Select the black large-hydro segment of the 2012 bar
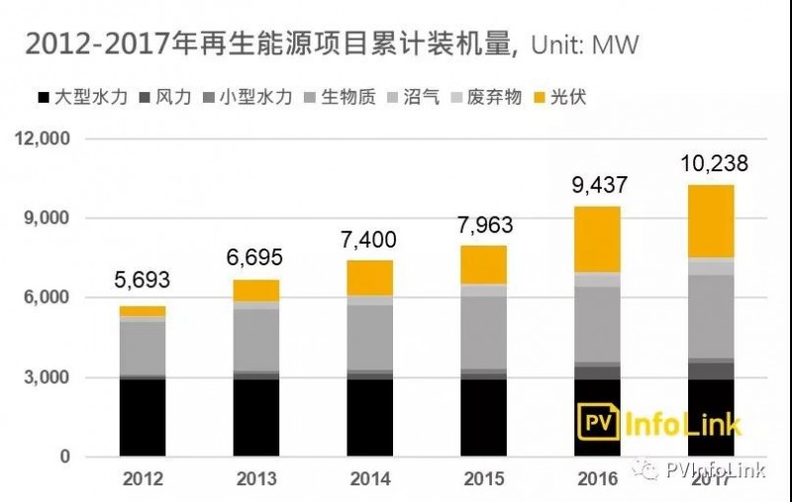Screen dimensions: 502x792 click(143, 417)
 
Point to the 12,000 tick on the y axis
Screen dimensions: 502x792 click(42, 139)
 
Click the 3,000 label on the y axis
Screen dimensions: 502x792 click(48, 377)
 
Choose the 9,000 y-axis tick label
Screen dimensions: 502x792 click(48, 218)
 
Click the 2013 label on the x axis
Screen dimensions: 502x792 click(255, 479)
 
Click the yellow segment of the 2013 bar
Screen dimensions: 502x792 click(255, 289)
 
